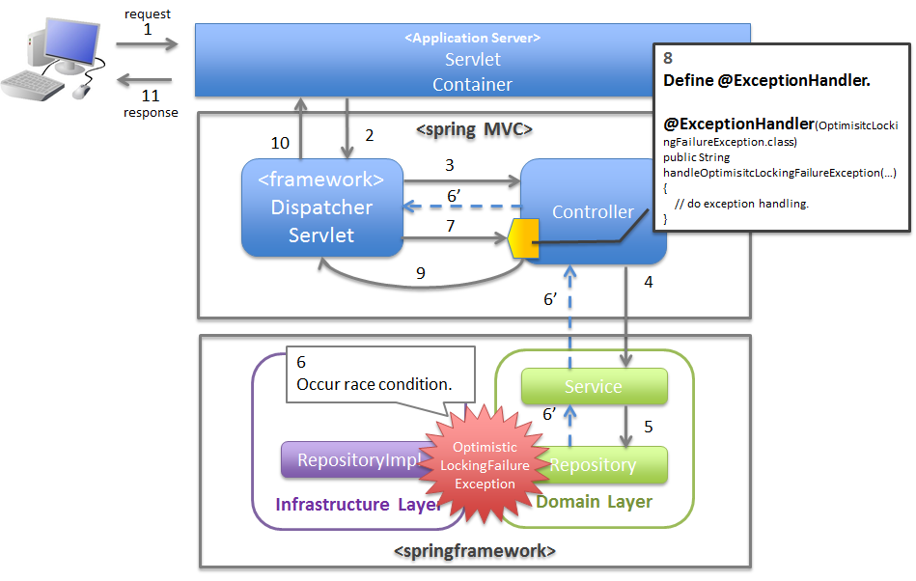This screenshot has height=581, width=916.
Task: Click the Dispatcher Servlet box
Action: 321,207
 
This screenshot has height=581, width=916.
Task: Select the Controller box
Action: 593,211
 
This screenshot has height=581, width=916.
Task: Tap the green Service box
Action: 594,386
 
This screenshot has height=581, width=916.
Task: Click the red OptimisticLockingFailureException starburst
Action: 486,464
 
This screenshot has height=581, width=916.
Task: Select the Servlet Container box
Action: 472,61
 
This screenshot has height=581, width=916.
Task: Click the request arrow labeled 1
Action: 147,44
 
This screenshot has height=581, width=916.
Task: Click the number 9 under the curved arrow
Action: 421,274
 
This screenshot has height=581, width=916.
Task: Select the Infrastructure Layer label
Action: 358,505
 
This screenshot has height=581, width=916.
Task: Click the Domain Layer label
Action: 594,502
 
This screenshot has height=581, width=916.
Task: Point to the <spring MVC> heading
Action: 474,129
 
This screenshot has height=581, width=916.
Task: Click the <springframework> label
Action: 475,551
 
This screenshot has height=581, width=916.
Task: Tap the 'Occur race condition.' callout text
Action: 374,383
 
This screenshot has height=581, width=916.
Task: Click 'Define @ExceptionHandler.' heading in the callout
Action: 767,81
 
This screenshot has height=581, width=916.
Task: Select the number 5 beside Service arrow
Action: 649,426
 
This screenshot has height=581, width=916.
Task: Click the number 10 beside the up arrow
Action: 280,143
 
